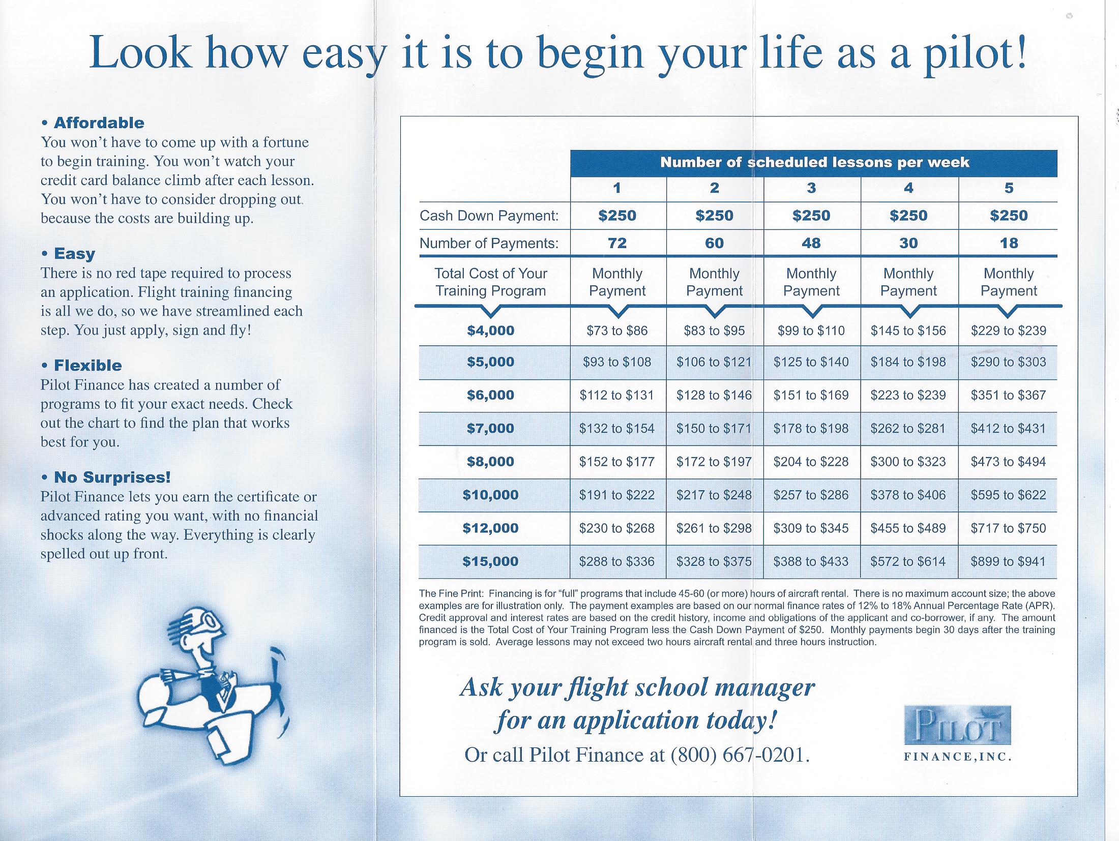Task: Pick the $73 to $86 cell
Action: coord(617,331)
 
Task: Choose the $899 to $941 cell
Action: coord(1008,562)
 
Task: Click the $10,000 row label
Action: coord(490,495)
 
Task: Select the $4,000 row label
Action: coord(490,331)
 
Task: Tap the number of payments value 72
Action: coord(617,243)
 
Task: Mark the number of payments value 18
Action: coord(1009,243)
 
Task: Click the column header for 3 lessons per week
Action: coord(811,188)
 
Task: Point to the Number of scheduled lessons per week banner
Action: coord(814,163)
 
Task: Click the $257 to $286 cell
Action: coord(811,495)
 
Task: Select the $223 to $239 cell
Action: coord(908,395)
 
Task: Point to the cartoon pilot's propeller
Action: coord(277,692)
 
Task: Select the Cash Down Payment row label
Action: coord(489,216)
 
